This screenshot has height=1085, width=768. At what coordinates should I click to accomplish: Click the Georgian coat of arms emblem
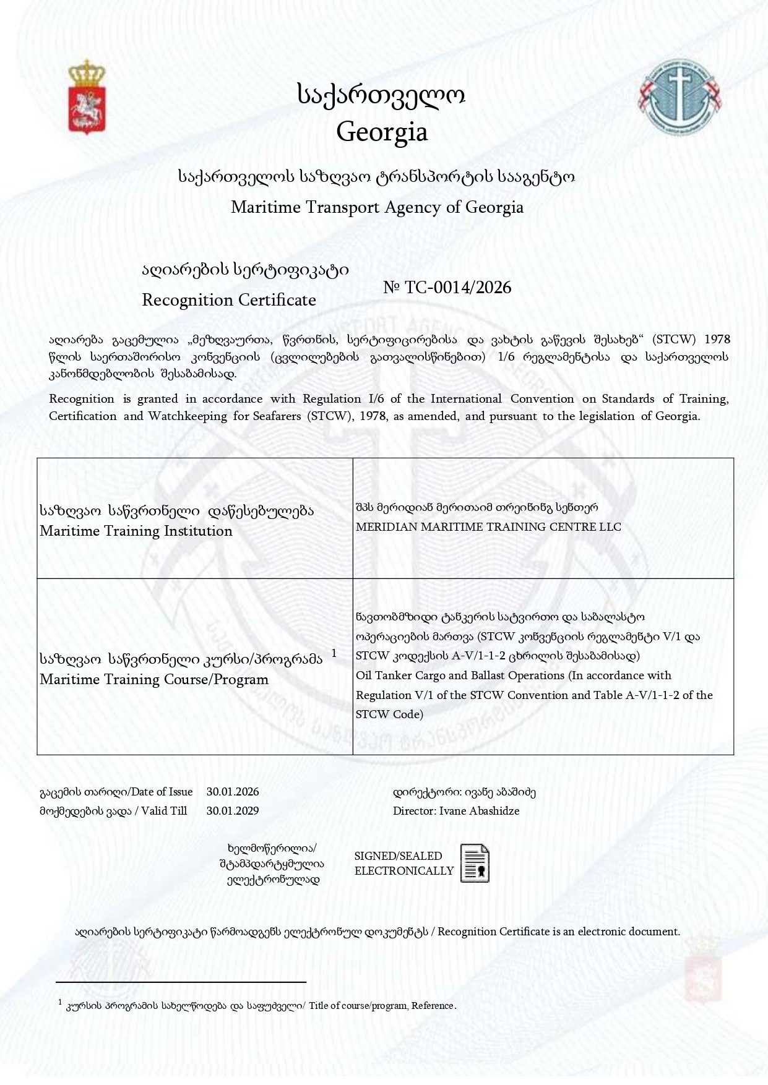click(x=86, y=97)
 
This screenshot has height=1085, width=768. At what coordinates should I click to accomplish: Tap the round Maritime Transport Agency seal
click(x=680, y=96)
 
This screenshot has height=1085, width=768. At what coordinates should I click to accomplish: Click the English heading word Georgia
click(x=382, y=132)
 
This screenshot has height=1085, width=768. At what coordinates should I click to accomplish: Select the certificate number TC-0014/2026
click(x=457, y=287)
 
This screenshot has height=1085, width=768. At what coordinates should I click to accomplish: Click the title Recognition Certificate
click(x=229, y=300)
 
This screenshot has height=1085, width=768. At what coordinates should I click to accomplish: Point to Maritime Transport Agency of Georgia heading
click(x=377, y=207)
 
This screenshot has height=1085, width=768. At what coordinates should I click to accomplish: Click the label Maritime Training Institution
click(x=136, y=531)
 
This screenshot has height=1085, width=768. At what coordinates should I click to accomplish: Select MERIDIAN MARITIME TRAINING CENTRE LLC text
click(x=488, y=527)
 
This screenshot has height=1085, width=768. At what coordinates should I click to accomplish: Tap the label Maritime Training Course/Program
click(x=154, y=679)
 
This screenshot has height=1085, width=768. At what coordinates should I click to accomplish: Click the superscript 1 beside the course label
click(x=334, y=653)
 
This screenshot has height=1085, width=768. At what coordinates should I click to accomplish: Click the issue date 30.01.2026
click(x=233, y=792)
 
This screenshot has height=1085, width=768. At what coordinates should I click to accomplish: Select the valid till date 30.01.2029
click(x=233, y=811)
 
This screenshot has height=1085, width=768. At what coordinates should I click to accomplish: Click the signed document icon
click(x=475, y=863)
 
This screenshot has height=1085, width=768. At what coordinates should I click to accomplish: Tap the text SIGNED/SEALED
click(x=398, y=856)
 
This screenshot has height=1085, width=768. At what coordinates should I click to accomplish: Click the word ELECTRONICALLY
click(x=404, y=871)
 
